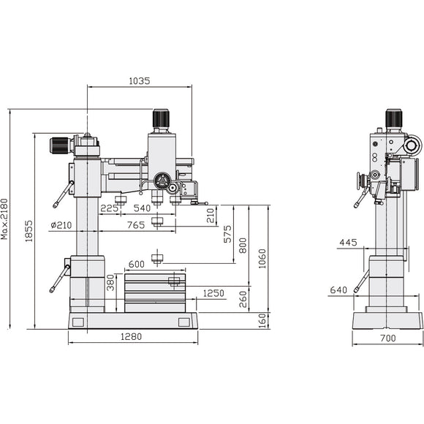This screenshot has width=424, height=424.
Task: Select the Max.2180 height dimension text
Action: [6, 218]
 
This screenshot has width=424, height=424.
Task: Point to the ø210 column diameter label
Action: [61, 225]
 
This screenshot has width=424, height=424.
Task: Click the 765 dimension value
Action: [135, 225]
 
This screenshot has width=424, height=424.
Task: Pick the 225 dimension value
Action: [110, 208]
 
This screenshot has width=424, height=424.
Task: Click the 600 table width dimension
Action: [136, 265]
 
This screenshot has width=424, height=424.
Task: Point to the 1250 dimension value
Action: [213, 293]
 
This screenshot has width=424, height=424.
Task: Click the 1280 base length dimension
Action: [132, 337]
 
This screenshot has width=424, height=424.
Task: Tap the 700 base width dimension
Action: [387, 339]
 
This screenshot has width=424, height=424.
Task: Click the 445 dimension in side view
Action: [348, 243]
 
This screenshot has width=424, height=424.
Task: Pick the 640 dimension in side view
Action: [338, 290]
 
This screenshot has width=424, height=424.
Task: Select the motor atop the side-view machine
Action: [394, 120]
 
